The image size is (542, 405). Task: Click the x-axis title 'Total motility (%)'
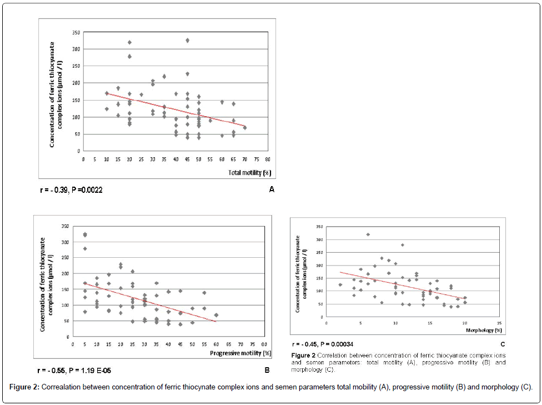[x=249, y=173]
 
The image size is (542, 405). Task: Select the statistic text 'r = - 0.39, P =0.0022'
[x=71, y=190]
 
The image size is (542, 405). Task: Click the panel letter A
[x=272, y=190]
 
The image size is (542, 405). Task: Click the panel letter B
[x=267, y=369]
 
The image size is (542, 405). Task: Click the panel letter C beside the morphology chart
[x=503, y=344]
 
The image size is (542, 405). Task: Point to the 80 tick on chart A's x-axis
[x=268, y=159]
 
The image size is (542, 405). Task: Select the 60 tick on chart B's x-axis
[x=216, y=344]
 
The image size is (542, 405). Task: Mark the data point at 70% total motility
[x=245, y=128]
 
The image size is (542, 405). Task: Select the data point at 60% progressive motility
[x=216, y=315]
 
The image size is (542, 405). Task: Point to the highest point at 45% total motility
[x=187, y=41]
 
